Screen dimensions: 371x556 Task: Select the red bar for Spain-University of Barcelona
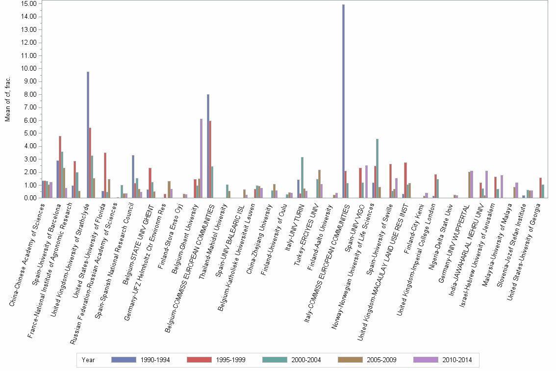coord(60,167)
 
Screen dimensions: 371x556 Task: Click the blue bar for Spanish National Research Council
coord(133,177)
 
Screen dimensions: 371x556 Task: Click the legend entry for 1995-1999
coord(216,360)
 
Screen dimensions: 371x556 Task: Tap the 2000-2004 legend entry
coord(292,360)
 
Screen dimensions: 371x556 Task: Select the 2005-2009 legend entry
coord(367,360)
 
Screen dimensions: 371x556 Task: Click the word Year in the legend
coord(88,360)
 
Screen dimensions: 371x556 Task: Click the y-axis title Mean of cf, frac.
coord(7,101)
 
